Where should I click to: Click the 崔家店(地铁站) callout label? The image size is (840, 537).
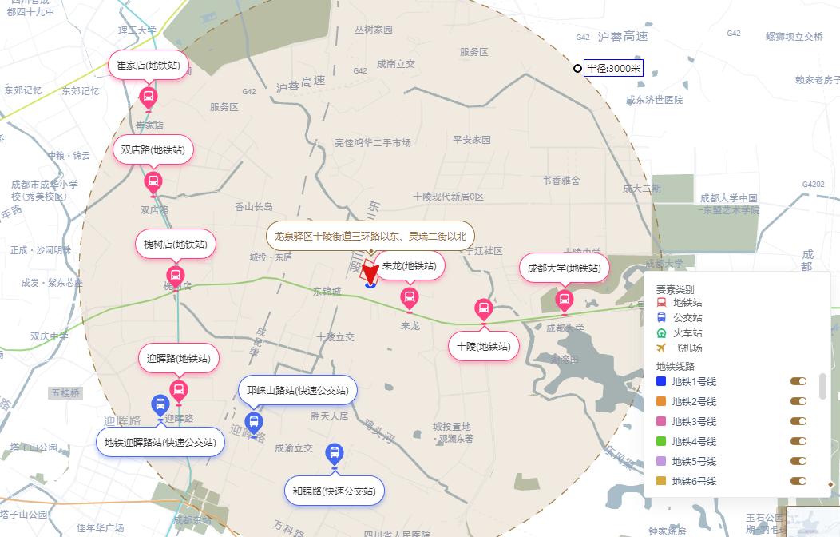(149, 66)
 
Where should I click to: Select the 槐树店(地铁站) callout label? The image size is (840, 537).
(176, 244)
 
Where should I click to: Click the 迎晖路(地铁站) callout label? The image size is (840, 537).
(179, 358)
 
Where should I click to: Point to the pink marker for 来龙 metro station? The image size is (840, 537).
(409, 299)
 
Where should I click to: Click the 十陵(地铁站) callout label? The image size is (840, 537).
(483, 346)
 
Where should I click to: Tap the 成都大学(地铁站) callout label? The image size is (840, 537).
(564, 268)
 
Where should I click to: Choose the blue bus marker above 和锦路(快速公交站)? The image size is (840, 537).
(335, 455)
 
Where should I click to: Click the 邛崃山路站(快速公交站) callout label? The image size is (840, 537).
(297, 391)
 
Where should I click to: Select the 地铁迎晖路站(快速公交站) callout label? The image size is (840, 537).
(160, 442)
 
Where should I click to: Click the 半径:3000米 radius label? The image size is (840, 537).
(613, 69)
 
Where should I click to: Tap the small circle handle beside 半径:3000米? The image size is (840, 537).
(577, 69)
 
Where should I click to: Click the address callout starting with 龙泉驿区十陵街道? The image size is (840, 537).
(370, 236)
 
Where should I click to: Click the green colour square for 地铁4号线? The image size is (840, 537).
(661, 441)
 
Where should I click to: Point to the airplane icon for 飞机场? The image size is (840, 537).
(661, 348)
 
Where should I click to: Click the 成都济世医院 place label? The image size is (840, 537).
(654, 100)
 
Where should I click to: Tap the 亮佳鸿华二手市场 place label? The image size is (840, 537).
(372, 143)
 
